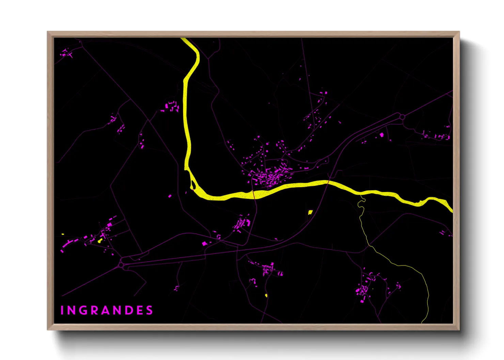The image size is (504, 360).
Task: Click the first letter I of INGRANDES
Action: click(62, 310)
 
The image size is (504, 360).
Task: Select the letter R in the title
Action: click(95, 310)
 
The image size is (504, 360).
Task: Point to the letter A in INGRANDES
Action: click(106, 310)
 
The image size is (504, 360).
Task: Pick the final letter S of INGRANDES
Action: click(149, 310)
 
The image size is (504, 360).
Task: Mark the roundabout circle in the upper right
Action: click(402, 117)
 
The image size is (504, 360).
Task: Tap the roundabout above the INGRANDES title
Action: click(122, 264)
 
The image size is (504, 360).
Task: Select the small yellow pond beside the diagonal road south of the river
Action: click(310, 212)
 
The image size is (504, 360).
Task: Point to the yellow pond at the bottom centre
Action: click(266, 295)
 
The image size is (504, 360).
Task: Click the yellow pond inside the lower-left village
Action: click(100, 241)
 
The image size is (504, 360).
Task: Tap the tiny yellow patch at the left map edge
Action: click(63, 234)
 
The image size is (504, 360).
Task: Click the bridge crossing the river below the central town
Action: click(253, 195)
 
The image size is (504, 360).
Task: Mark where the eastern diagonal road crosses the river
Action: click(328, 182)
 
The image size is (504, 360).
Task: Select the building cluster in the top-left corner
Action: click(66, 53)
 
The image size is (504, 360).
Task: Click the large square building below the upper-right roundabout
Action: click(382, 135)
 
